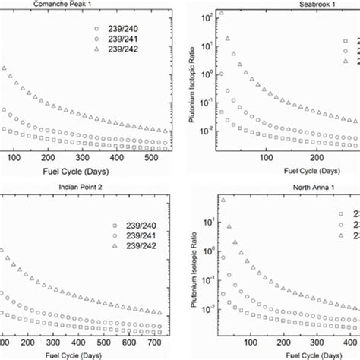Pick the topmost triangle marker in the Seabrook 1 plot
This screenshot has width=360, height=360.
221,14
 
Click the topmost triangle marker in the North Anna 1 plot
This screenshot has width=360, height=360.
223,201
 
